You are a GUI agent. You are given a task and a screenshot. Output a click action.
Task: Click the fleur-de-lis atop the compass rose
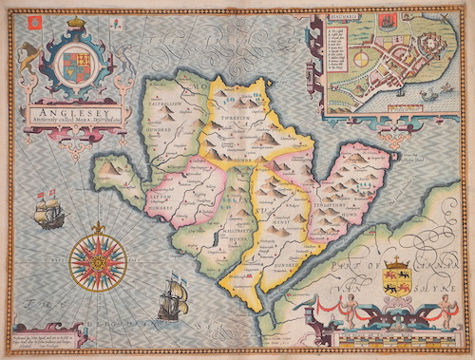pyautogui.click(x=97, y=226)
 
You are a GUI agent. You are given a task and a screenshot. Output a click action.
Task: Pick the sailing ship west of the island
pyautogui.click(x=49, y=209)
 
